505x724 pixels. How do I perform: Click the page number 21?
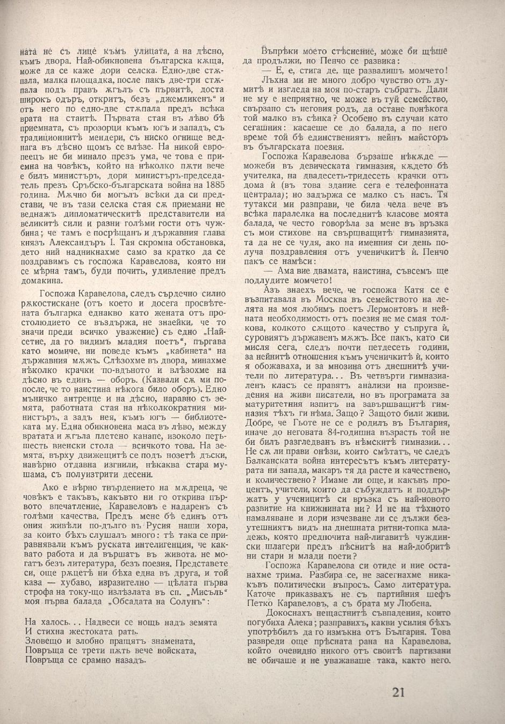(x=398, y=692)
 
